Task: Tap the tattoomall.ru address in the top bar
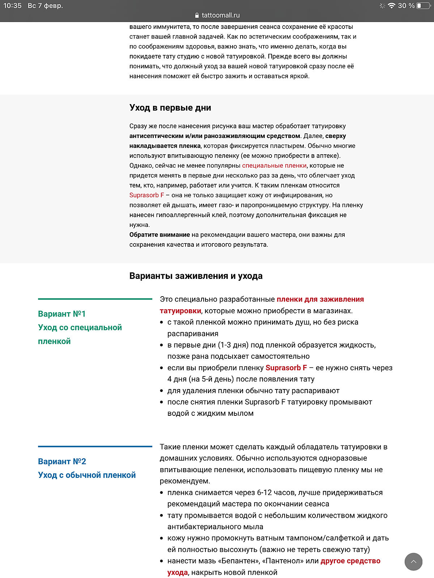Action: point(221,15)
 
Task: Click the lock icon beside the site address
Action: point(197,15)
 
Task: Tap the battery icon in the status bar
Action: point(424,6)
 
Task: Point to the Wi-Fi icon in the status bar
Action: point(391,6)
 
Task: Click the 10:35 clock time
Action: point(13,6)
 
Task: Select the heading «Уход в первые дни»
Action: point(170,108)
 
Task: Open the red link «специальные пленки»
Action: point(274,165)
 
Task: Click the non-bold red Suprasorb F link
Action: point(146,195)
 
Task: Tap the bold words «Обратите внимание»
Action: point(159,234)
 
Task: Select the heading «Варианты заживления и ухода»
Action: point(196,276)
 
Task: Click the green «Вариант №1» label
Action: point(62,314)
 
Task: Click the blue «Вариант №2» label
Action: point(62,461)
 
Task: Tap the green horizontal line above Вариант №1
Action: point(95,299)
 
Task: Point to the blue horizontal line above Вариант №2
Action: point(95,447)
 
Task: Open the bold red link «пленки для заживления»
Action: point(320,299)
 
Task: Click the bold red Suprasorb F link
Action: point(286,368)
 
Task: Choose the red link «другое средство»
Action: point(350,561)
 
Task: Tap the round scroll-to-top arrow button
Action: point(413,562)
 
